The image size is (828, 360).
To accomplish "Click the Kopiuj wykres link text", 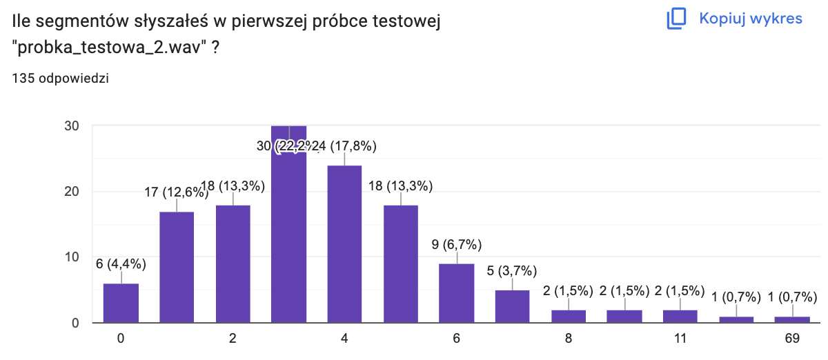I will coord(751,19).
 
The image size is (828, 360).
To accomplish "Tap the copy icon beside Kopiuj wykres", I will coord(676,19).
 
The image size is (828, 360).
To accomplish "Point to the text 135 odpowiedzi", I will coord(60,78).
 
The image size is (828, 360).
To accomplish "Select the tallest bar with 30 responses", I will coord(288,224).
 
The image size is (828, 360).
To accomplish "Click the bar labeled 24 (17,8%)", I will coord(344,244).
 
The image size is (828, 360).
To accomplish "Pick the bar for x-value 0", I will coord(121,303).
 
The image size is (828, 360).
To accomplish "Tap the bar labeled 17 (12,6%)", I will coord(177,268).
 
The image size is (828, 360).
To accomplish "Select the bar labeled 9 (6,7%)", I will coord(456,294).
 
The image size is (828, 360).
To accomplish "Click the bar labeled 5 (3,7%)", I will coord(512,307).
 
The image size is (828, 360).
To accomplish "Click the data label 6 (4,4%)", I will coord(121,263).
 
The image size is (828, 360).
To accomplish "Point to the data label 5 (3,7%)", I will coord(512,270).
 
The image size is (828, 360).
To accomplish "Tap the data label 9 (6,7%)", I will coord(456,244).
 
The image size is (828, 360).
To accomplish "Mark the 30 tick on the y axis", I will coord(72,126).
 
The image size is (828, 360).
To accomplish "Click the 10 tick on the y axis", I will coord(72,257).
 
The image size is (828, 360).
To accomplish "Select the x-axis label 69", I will coord(791,339).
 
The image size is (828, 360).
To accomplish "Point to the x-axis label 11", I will coord(680,339).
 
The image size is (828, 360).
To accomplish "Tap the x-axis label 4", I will coord(344,339).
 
